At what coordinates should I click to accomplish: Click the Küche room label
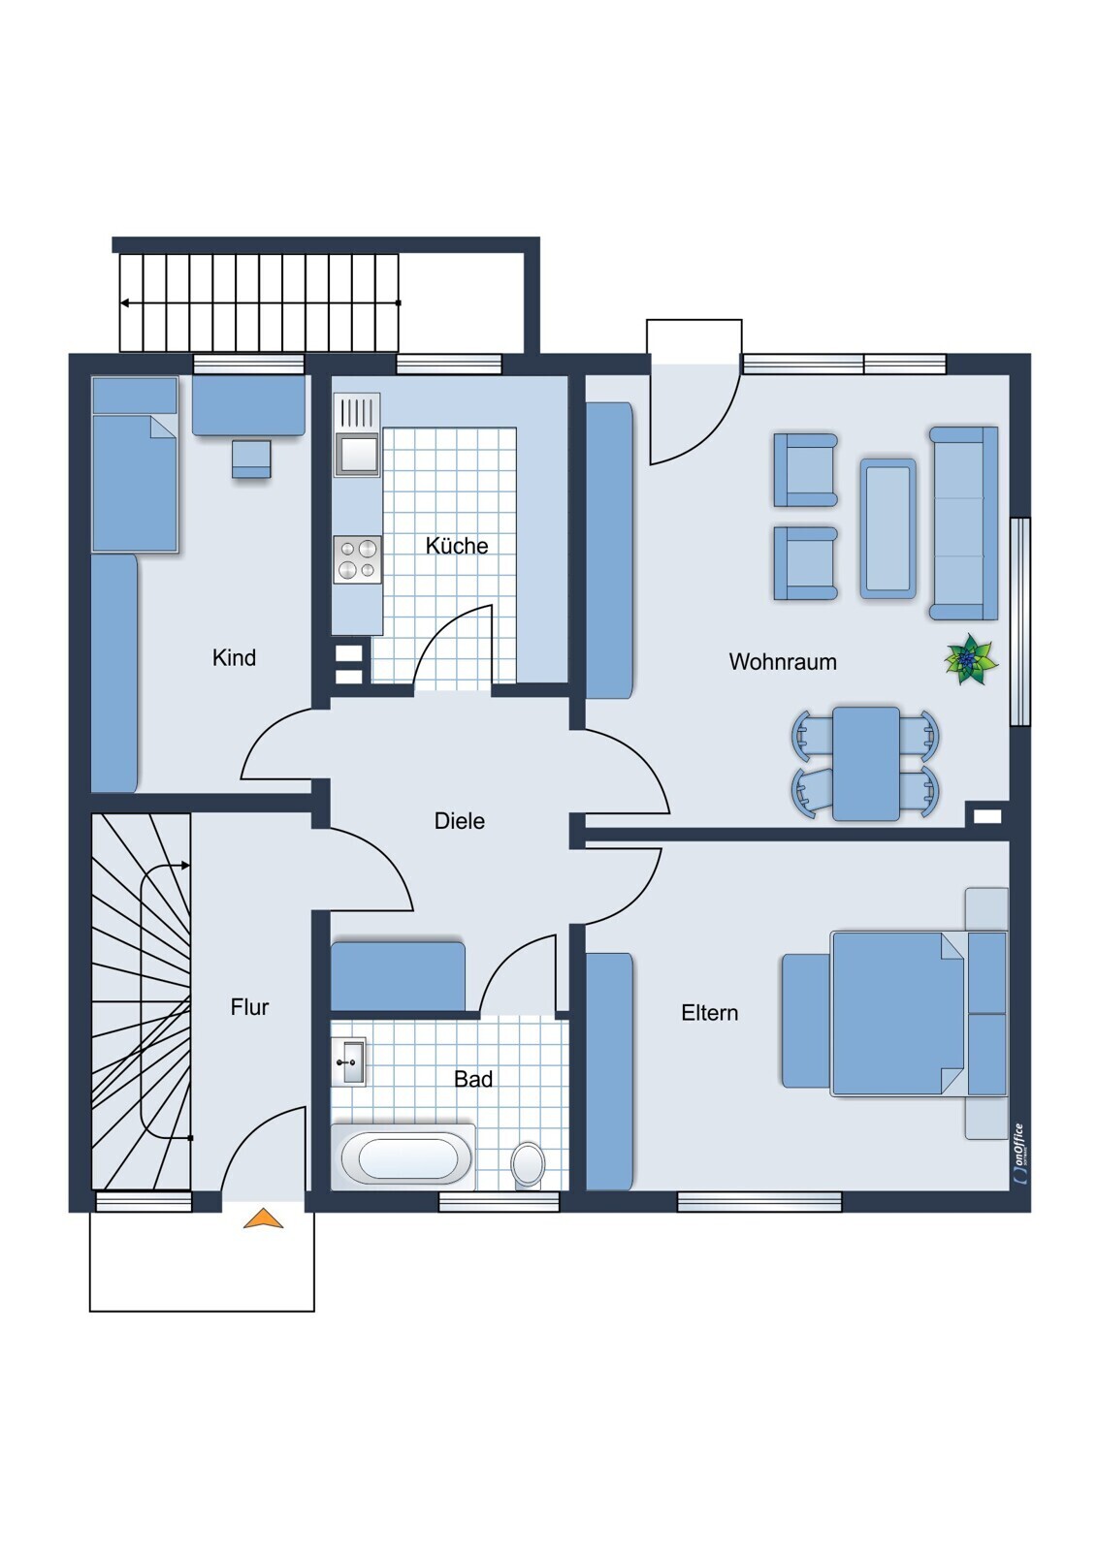(x=457, y=546)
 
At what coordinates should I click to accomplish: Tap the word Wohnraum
(x=783, y=662)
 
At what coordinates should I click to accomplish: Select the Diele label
(x=460, y=821)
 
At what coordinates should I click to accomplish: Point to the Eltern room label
(x=710, y=1013)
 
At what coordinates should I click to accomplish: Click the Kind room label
(x=234, y=657)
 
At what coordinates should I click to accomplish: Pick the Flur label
(x=249, y=1007)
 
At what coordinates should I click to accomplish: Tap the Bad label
(x=473, y=1079)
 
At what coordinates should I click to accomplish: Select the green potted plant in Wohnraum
(x=971, y=658)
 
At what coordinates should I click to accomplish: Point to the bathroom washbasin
(x=348, y=1061)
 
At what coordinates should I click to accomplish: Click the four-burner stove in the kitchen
(x=358, y=560)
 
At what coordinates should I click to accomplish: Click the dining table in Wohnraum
(x=865, y=764)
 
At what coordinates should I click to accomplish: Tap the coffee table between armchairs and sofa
(x=887, y=527)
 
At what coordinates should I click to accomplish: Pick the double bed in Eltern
(x=895, y=1014)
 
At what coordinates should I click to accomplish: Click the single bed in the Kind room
(x=135, y=464)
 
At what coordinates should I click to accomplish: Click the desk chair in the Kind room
(x=251, y=459)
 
